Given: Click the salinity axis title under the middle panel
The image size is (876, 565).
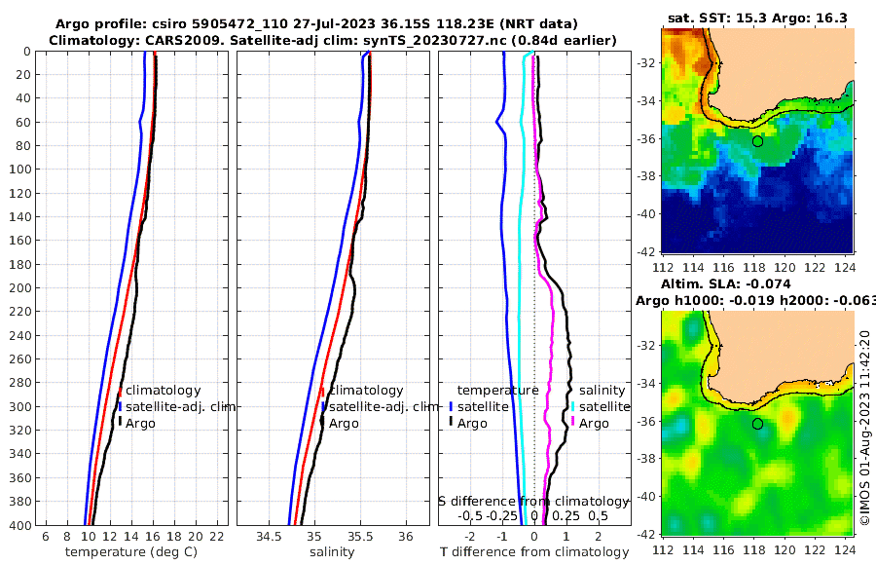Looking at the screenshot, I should (331, 552).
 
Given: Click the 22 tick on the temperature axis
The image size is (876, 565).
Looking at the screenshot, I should (218, 537).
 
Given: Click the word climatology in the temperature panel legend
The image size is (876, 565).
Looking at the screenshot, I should (163, 391).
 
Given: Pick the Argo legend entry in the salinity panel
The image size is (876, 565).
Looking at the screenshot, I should (344, 424).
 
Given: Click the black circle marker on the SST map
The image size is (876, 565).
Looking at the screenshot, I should (757, 141).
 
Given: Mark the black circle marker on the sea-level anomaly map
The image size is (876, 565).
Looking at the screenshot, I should (757, 424).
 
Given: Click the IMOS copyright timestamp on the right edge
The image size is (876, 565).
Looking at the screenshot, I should (865, 426).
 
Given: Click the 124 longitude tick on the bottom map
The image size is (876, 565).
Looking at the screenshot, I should (848, 549).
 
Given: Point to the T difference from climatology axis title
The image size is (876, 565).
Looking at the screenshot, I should (533, 552).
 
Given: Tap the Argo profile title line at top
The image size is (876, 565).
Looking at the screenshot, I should (316, 23).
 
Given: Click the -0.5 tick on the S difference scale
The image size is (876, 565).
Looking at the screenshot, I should (470, 515).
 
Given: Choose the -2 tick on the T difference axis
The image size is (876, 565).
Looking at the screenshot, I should (470, 537).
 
